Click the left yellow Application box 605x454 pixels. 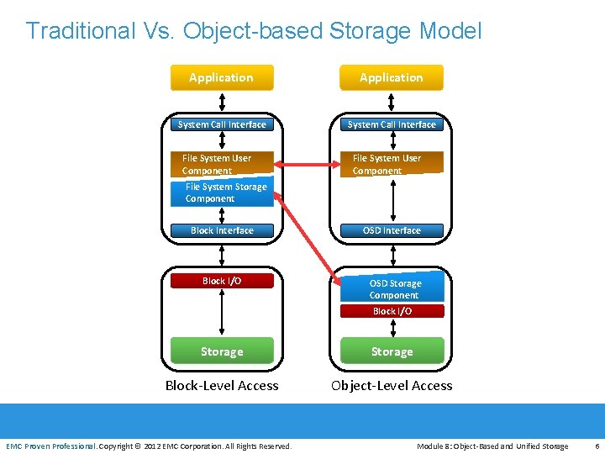point(221,77)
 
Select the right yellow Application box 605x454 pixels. point(391,77)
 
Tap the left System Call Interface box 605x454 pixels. point(222,124)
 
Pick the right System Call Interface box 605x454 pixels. point(392,124)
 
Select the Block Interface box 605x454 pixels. point(222,230)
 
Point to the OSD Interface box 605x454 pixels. point(392,230)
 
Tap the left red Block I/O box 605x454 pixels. point(222,281)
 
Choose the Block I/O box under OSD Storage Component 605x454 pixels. point(392,311)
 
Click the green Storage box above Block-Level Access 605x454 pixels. point(222,351)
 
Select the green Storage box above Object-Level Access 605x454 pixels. point(392,351)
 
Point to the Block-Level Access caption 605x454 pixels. point(222,386)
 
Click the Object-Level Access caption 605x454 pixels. point(392,386)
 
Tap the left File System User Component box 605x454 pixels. point(222,164)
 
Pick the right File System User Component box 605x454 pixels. point(392,164)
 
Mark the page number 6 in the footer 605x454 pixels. point(596,446)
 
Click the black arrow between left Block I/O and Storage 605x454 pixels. point(222,313)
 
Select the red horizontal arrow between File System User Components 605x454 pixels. point(308,163)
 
